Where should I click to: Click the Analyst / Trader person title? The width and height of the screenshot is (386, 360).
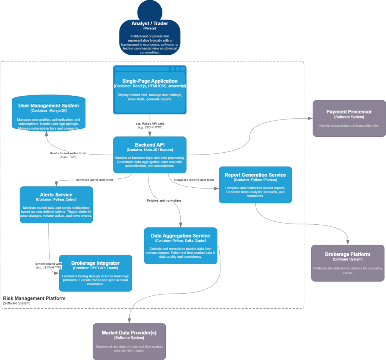[x=150, y=23]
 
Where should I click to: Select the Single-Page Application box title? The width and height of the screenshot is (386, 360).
[x=150, y=81]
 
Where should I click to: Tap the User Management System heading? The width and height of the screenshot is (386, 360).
[x=48, y=106]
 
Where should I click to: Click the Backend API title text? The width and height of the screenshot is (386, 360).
[x=150, y=145]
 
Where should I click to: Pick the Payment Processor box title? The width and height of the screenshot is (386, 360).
[x=349, y=112]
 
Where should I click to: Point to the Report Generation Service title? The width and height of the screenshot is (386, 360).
[x=255, y=175]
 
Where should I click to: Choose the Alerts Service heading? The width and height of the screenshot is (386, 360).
[x=56, y=195]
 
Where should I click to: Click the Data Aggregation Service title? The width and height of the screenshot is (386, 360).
[x=181, y=236]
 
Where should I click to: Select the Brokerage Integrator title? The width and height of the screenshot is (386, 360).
[x=95, y=263]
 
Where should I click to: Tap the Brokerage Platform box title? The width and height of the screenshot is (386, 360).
[x=348, y=254]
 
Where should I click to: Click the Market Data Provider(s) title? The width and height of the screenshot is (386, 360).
[x=129, y=332]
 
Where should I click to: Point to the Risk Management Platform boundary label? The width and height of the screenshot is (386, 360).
[x=34, y=298]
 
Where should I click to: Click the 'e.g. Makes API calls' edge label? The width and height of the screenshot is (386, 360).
[x=150, y=124]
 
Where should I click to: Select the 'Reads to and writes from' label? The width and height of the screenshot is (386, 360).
[x=68, y=153]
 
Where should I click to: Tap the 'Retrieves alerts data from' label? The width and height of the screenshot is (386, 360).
[x=94, y=180]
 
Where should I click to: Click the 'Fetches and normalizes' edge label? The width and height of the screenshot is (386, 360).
[x=164, y=201]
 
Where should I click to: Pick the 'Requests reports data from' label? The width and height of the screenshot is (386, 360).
[x=194, y=180]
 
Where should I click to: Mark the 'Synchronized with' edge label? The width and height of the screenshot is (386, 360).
[x=49, y=264]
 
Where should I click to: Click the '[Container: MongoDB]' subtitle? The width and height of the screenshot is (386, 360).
[x=48, y=111]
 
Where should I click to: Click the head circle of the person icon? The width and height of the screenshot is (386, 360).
[x=150, y=10]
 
